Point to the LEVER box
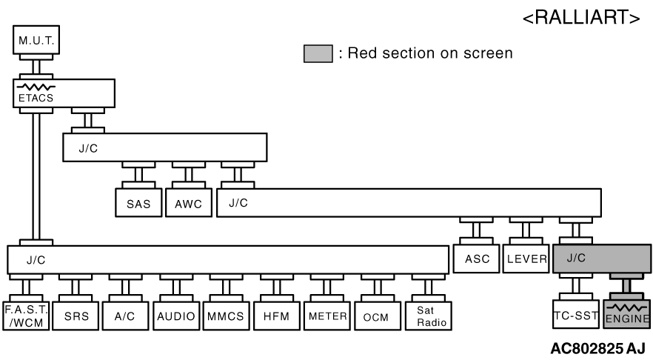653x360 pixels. point(526,259)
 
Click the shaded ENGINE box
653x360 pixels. point(626,316)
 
